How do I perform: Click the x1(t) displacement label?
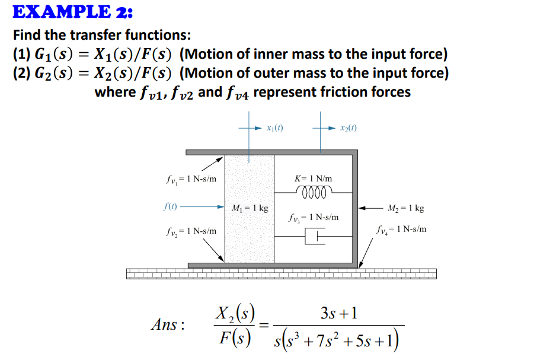pyautogui.click(x=273, y=128)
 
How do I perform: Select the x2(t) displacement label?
pyautogui.click(x=348, y=128)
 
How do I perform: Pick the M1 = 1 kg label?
pyautogui.click(x=250, y=208)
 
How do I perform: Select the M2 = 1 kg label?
pyautogui.click(x=406, y=208)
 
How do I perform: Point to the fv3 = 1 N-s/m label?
pyautogui.click(x=314, y=218)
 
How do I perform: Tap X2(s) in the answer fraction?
pyautogui.click(x=235, y=311)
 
